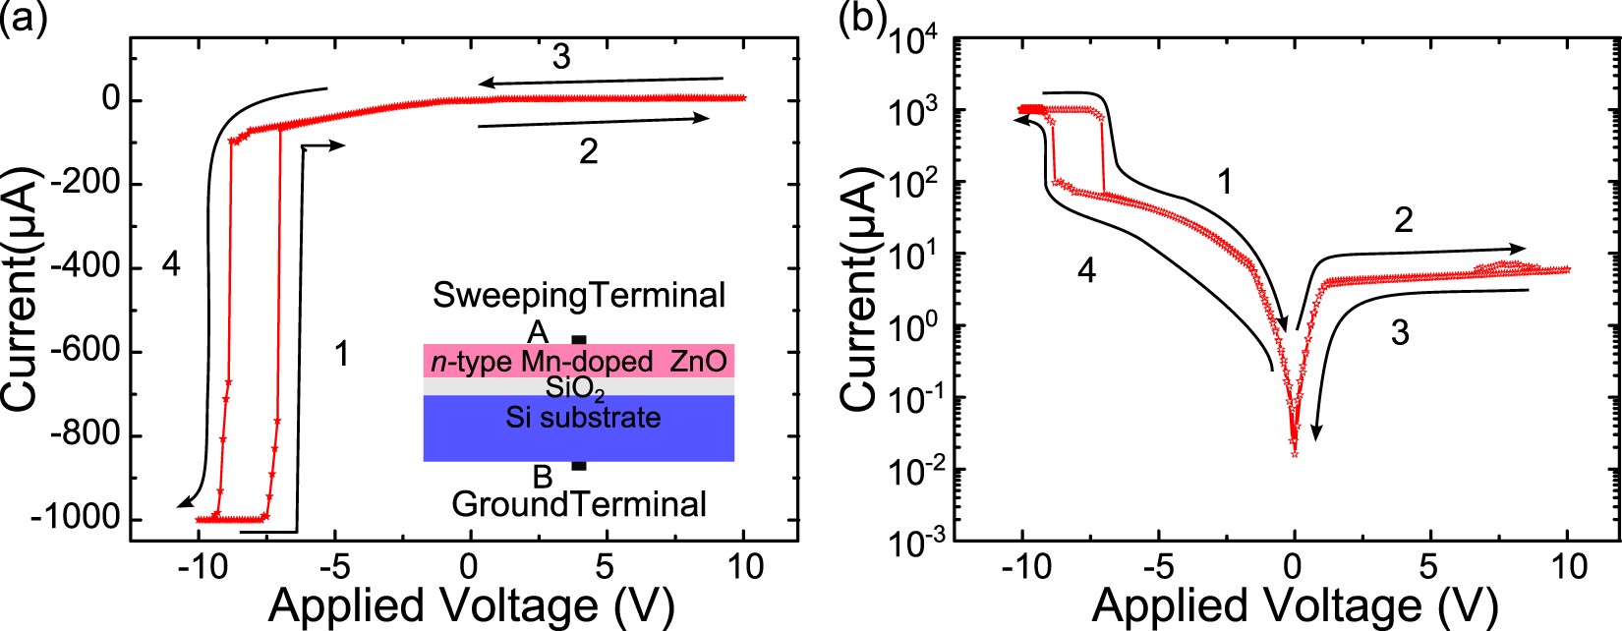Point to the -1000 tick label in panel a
(x=75, y=520)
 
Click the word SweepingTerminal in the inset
(x=579, y=295)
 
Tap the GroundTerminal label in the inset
(x=579, y=504)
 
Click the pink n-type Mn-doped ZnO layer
(x=579, y=361)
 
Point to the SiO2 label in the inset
(x=576, y=389)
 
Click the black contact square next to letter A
(x=579, y=340)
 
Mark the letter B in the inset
(x=542, y=478)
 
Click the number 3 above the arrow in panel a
(x=560, y=57)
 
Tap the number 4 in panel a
(x=171, y=264)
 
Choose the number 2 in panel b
(x=1403, y=220)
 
